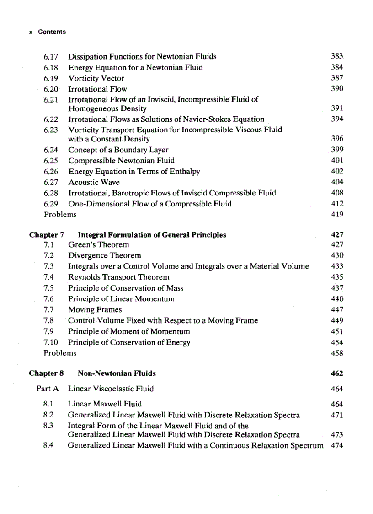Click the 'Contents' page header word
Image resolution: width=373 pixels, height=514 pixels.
pos(52,32)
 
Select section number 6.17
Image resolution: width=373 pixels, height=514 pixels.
pos(51,57)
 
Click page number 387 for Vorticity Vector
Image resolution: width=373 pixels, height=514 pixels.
pos(336,78)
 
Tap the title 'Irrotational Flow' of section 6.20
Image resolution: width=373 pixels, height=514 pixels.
pos(97,89)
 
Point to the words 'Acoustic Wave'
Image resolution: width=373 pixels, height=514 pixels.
pos(94,182)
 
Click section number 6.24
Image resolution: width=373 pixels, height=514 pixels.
pos(51,150)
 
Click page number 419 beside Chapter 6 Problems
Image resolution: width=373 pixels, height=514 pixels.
pos(336,214)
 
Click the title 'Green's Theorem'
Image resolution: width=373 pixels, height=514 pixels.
pos(98,245)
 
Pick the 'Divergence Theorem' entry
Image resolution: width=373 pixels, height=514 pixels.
pos(104,255)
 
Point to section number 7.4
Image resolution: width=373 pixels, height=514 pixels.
pos(49,277)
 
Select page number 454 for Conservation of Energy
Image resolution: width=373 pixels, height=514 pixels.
pos(336,343)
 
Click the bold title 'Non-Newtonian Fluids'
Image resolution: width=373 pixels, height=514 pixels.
pos(117,373)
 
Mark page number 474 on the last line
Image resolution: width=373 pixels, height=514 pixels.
pos(336,445)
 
